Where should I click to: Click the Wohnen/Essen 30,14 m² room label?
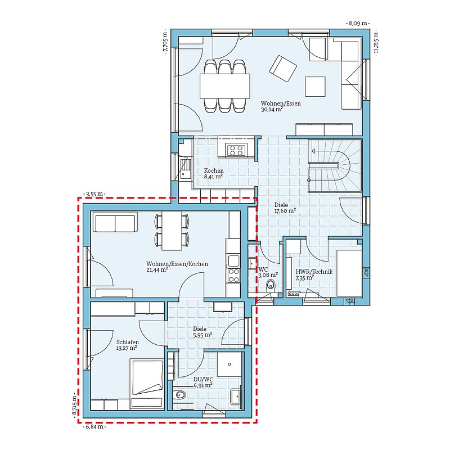point(281,106)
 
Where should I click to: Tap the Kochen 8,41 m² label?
point(214,173)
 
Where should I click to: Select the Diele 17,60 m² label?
point(285,208)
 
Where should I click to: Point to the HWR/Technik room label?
point(314,274)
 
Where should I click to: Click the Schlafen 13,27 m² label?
point(128,345)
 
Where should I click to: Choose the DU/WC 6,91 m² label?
point(203,382)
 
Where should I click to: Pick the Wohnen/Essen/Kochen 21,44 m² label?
point(177,267)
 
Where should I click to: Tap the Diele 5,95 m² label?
point(202,332)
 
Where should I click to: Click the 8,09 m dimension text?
point(358,23)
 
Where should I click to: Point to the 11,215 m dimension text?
point(376,43)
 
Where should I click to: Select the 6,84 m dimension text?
point(94,427)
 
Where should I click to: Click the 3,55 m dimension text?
point(94,194)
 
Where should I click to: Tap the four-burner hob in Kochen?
point(236,150)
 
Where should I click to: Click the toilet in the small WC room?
point(271,286)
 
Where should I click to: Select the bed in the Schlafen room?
point(147,384)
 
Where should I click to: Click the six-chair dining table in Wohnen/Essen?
point(224,86)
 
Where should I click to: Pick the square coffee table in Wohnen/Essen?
point(315,87)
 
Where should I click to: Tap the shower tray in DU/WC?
point(229,364)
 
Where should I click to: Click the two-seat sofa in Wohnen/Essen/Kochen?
point(115,222)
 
